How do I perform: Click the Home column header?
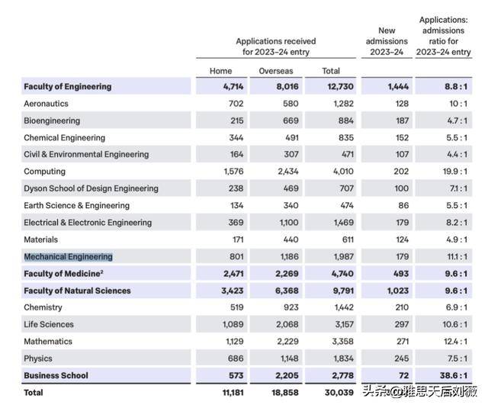tap(220, 71)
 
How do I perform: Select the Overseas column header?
tap(275, 71)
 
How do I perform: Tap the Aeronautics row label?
tap(46, 104)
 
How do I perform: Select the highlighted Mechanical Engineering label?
tap(68, 257)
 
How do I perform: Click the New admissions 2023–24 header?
tap(386, 41)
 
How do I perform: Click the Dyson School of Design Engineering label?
tap(91, 188)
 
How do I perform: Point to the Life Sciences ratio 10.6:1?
tap(456, 325)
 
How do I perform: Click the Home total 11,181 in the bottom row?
tap(228, 393)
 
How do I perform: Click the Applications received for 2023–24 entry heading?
tap(275, 47)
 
